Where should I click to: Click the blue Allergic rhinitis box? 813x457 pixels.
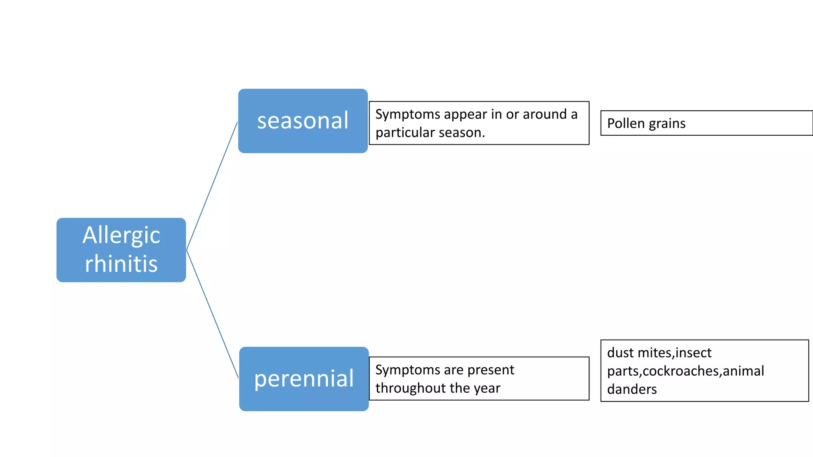coord(121,250)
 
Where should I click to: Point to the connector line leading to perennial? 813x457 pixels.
coord(212,313)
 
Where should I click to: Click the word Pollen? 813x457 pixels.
coord(626,123)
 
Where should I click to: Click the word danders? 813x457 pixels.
coord(632,389)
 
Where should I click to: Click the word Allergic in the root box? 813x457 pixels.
coord(121,235)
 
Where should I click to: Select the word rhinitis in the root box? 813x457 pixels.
coord(121,264)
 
